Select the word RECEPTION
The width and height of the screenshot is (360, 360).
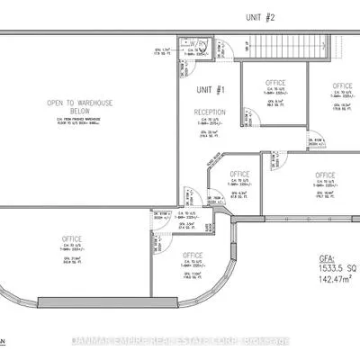click(x=209, y=112)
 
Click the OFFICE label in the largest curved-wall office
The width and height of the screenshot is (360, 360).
click(x=73, y=238)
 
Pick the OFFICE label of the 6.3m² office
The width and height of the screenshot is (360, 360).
click(x=239, y=174)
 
